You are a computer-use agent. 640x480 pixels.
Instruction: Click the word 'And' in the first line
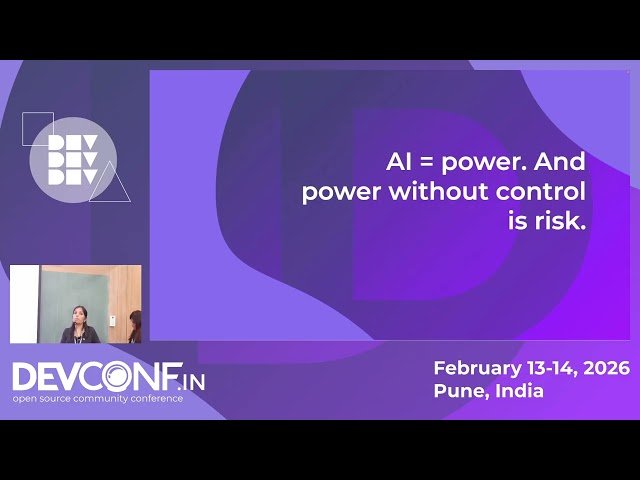(x=561, y=161)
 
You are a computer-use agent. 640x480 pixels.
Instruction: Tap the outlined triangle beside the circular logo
(x=111, y=184)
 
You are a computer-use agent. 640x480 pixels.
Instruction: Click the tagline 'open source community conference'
(x=97, y=398)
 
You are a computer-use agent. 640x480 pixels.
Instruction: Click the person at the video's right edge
(x=135, y=325)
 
